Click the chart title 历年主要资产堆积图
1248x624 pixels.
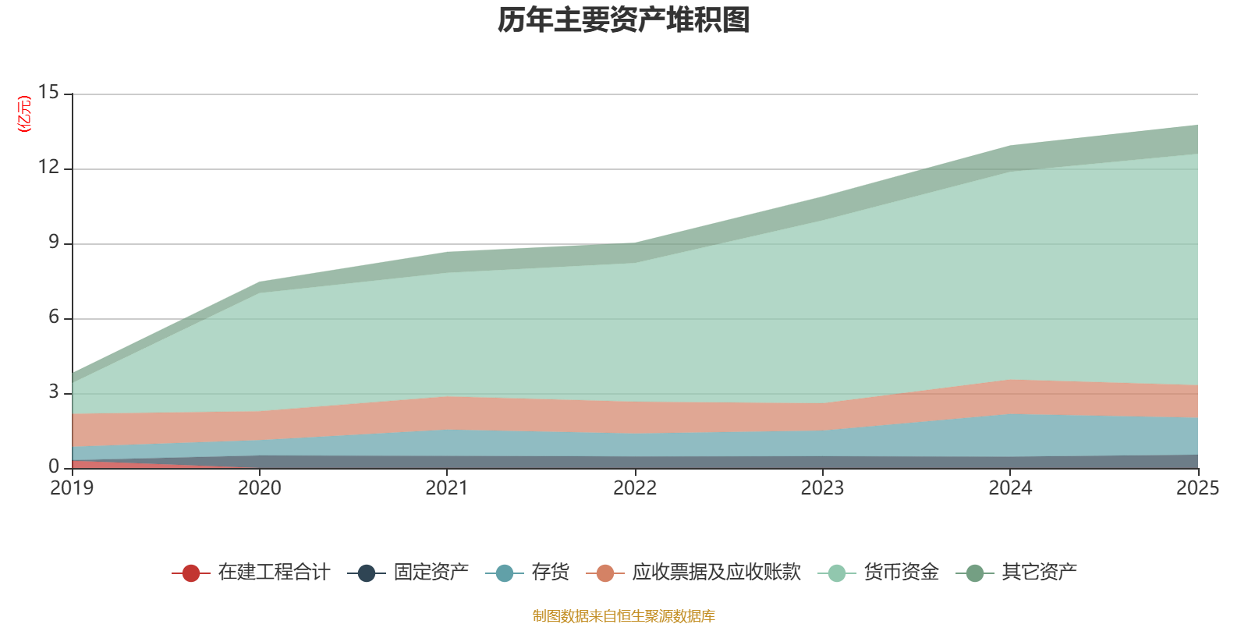coord(623,20)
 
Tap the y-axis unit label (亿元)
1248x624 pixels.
coord(24,114)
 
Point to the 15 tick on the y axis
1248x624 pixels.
coord(48,92)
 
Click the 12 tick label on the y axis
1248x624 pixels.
coord(48,167)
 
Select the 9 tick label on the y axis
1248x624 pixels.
coord(54,242)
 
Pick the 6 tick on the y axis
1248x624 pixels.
coord(54,317)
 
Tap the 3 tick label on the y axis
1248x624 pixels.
coord(54,392)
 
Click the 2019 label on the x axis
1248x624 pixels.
coord(72,488)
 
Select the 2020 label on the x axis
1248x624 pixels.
coord(260,488)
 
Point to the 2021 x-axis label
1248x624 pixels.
coord(447,488)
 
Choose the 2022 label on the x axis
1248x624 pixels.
coord(635,488)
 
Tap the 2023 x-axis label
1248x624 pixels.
coord(822,488)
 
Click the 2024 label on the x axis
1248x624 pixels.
coord(1010,488)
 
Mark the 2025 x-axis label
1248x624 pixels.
coord(1198,488)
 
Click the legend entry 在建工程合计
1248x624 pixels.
coord(251,573)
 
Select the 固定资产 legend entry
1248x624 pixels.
coord(408,573)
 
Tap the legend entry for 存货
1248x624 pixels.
coord(527,573)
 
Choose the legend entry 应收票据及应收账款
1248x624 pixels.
coord(693,573)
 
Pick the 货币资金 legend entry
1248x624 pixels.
coord(878,573)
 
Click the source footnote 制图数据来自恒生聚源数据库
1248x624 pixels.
coord(623,615)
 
